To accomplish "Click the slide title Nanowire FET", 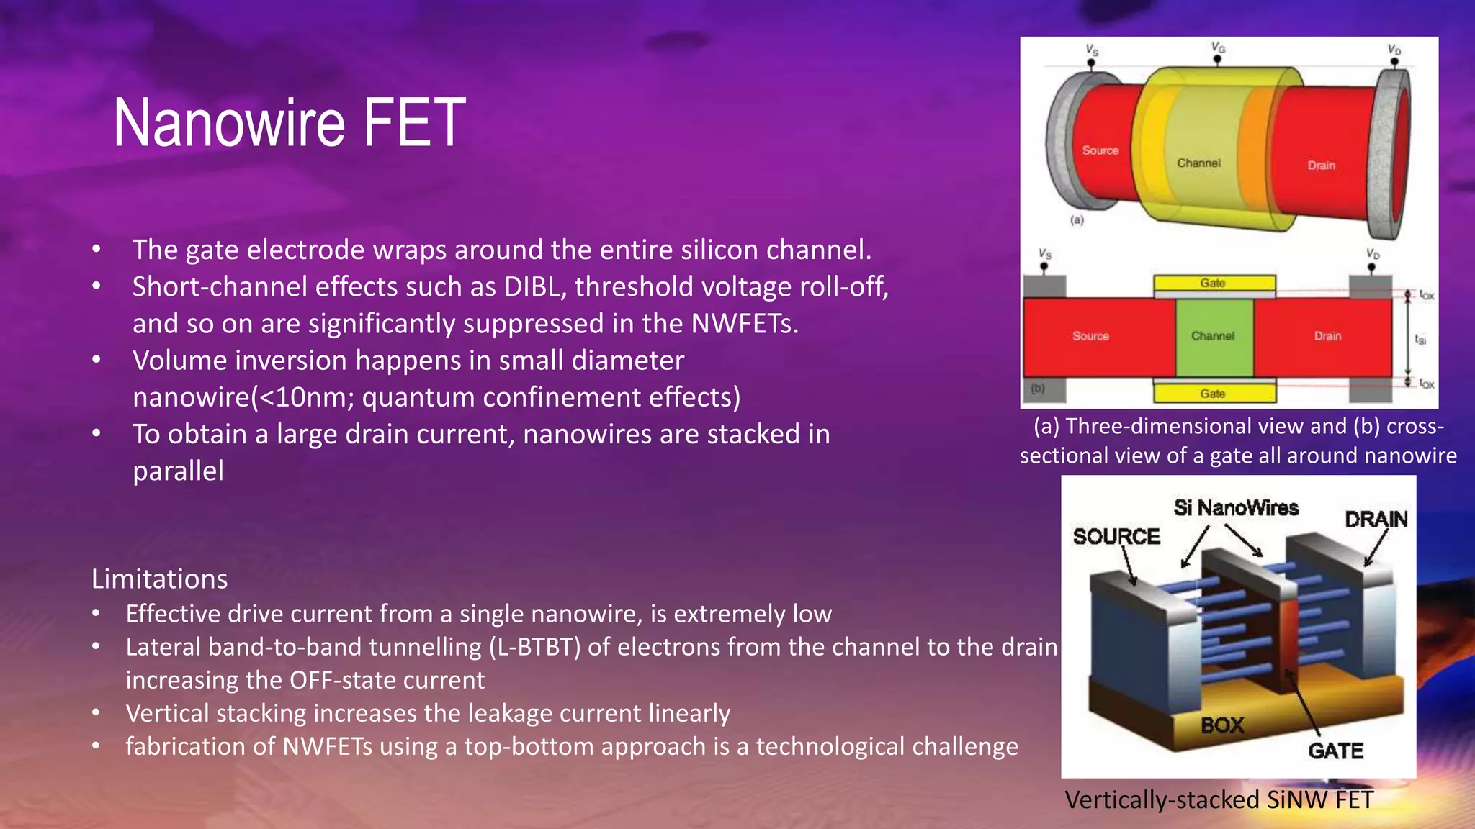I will (290, 124).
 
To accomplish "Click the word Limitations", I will (159, 579).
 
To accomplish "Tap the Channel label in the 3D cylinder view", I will (1198, 163).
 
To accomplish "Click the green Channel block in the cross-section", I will (1214, 336).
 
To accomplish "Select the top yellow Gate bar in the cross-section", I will (1214, 283).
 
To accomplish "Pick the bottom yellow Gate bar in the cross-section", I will (1214, 393).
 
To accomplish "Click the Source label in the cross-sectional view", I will (1090, 336).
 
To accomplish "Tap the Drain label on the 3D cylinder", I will (1321, 166).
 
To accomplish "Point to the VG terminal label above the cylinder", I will (1218, 47).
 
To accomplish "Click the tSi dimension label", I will (1420, 339).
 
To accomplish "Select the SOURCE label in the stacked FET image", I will (1116, 537).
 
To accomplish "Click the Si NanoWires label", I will (1236, 508).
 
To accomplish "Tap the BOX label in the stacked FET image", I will (1222, 725).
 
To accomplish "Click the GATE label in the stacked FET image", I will (1335, 751).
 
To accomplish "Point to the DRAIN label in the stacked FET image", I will (1376, 520).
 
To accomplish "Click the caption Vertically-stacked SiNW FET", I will (1219, 800).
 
